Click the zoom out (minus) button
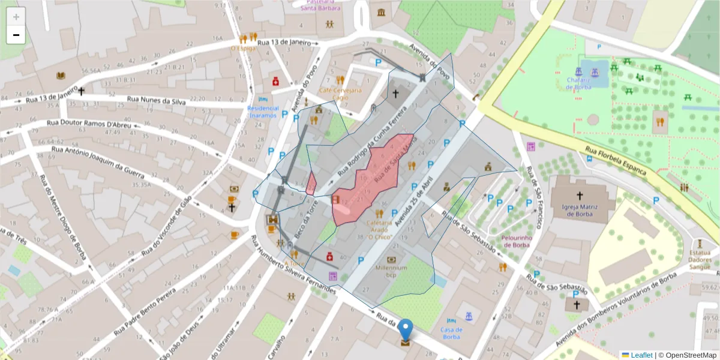16,35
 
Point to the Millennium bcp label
391,271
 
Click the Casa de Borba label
451,333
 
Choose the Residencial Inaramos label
263,112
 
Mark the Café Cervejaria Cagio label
340,94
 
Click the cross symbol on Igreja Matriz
580,196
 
